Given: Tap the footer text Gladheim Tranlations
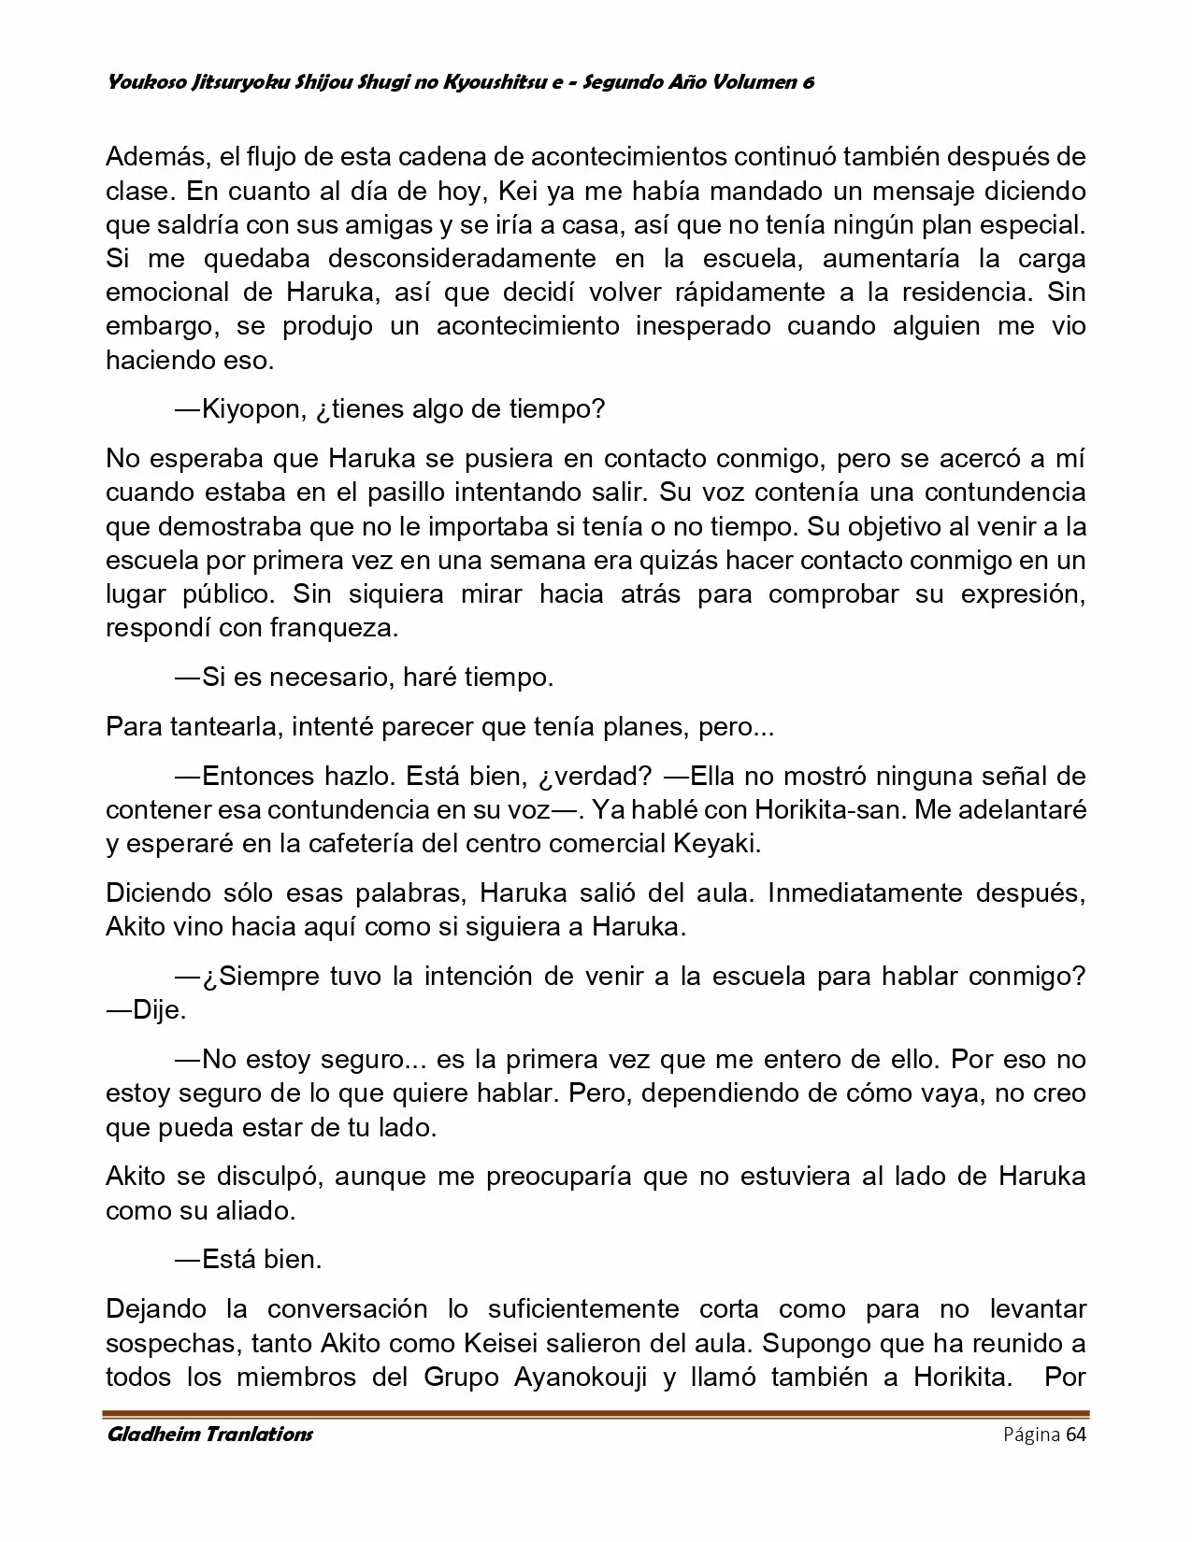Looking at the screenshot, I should (x=209, y=1435).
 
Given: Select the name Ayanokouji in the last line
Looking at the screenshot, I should (x=578, y=1377).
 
